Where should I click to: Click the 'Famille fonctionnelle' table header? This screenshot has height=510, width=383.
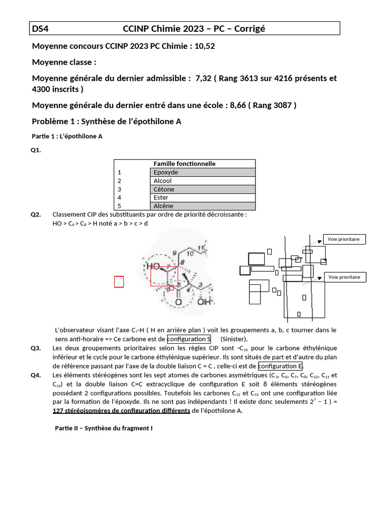[185, 164]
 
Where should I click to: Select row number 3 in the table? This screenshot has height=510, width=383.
[120, 189]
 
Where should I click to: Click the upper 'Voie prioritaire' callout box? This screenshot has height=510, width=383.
[344, 240]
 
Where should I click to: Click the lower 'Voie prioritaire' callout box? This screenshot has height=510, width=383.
[344, 277]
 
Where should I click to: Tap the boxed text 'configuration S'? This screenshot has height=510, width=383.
[189, 339]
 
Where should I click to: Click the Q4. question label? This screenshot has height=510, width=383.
[35, 376]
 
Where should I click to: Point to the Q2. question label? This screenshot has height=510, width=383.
[35, 215]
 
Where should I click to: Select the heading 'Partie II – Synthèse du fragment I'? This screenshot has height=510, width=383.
[104, 428]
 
